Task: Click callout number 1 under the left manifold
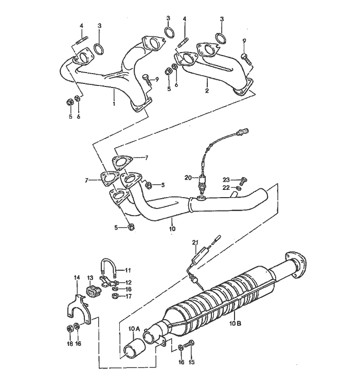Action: pos(114,103)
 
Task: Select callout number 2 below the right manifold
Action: pos(207,91)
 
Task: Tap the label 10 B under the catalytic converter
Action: pos(234,324)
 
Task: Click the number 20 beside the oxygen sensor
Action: pos(188,178)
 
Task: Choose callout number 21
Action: pos(195,242)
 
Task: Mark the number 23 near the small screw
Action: pos(226,180)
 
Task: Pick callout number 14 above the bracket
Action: pos(77,278)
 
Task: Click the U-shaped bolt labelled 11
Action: pos(109,267)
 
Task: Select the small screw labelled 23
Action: pos(244,180)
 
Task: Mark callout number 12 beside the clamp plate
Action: pos(129,282)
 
